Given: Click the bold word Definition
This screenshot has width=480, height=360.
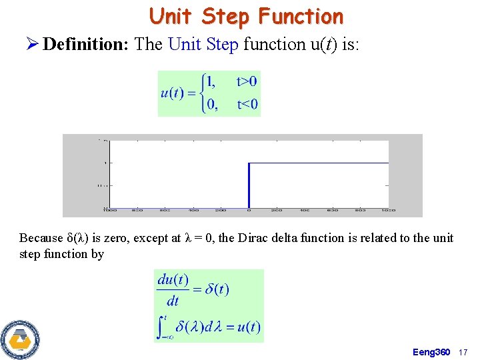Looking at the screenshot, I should coord(86,45).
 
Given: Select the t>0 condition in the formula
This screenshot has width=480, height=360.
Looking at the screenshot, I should coord(247,82).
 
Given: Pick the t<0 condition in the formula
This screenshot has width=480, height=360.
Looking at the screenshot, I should coord(247,104).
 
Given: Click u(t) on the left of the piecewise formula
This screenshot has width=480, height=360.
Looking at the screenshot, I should coord(173,93).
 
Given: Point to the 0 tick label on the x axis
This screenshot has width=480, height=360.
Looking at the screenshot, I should coord(249,211).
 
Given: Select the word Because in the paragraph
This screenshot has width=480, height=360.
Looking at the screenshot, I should coord(42,238).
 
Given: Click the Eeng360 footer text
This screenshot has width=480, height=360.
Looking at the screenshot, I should coord(431,351).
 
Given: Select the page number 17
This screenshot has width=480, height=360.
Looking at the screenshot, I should coord(465,351).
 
